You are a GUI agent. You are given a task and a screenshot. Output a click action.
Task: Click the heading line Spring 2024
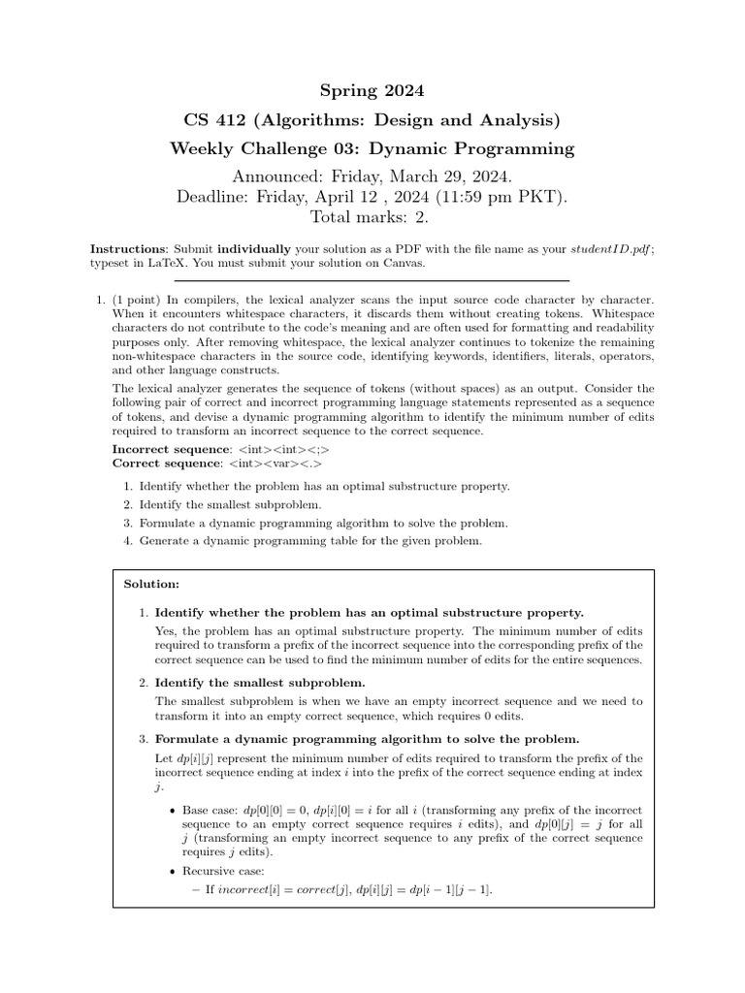click(x=372, y=91)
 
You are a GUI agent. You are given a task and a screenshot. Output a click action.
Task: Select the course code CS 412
click(x=211, y=120)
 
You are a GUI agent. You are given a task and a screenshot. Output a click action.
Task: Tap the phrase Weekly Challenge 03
click(x=261, y=148)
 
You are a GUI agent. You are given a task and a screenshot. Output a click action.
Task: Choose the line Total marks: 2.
click(x=372, y=218)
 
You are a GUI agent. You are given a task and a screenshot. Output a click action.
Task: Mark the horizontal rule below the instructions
click(x=372, y=281)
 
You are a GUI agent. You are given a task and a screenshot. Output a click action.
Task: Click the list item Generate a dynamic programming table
click(x=309, y=540)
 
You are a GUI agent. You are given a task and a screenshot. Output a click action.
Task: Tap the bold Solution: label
click(x=151, y=584)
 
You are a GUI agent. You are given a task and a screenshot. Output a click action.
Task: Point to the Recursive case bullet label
click(x=222, y=871)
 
